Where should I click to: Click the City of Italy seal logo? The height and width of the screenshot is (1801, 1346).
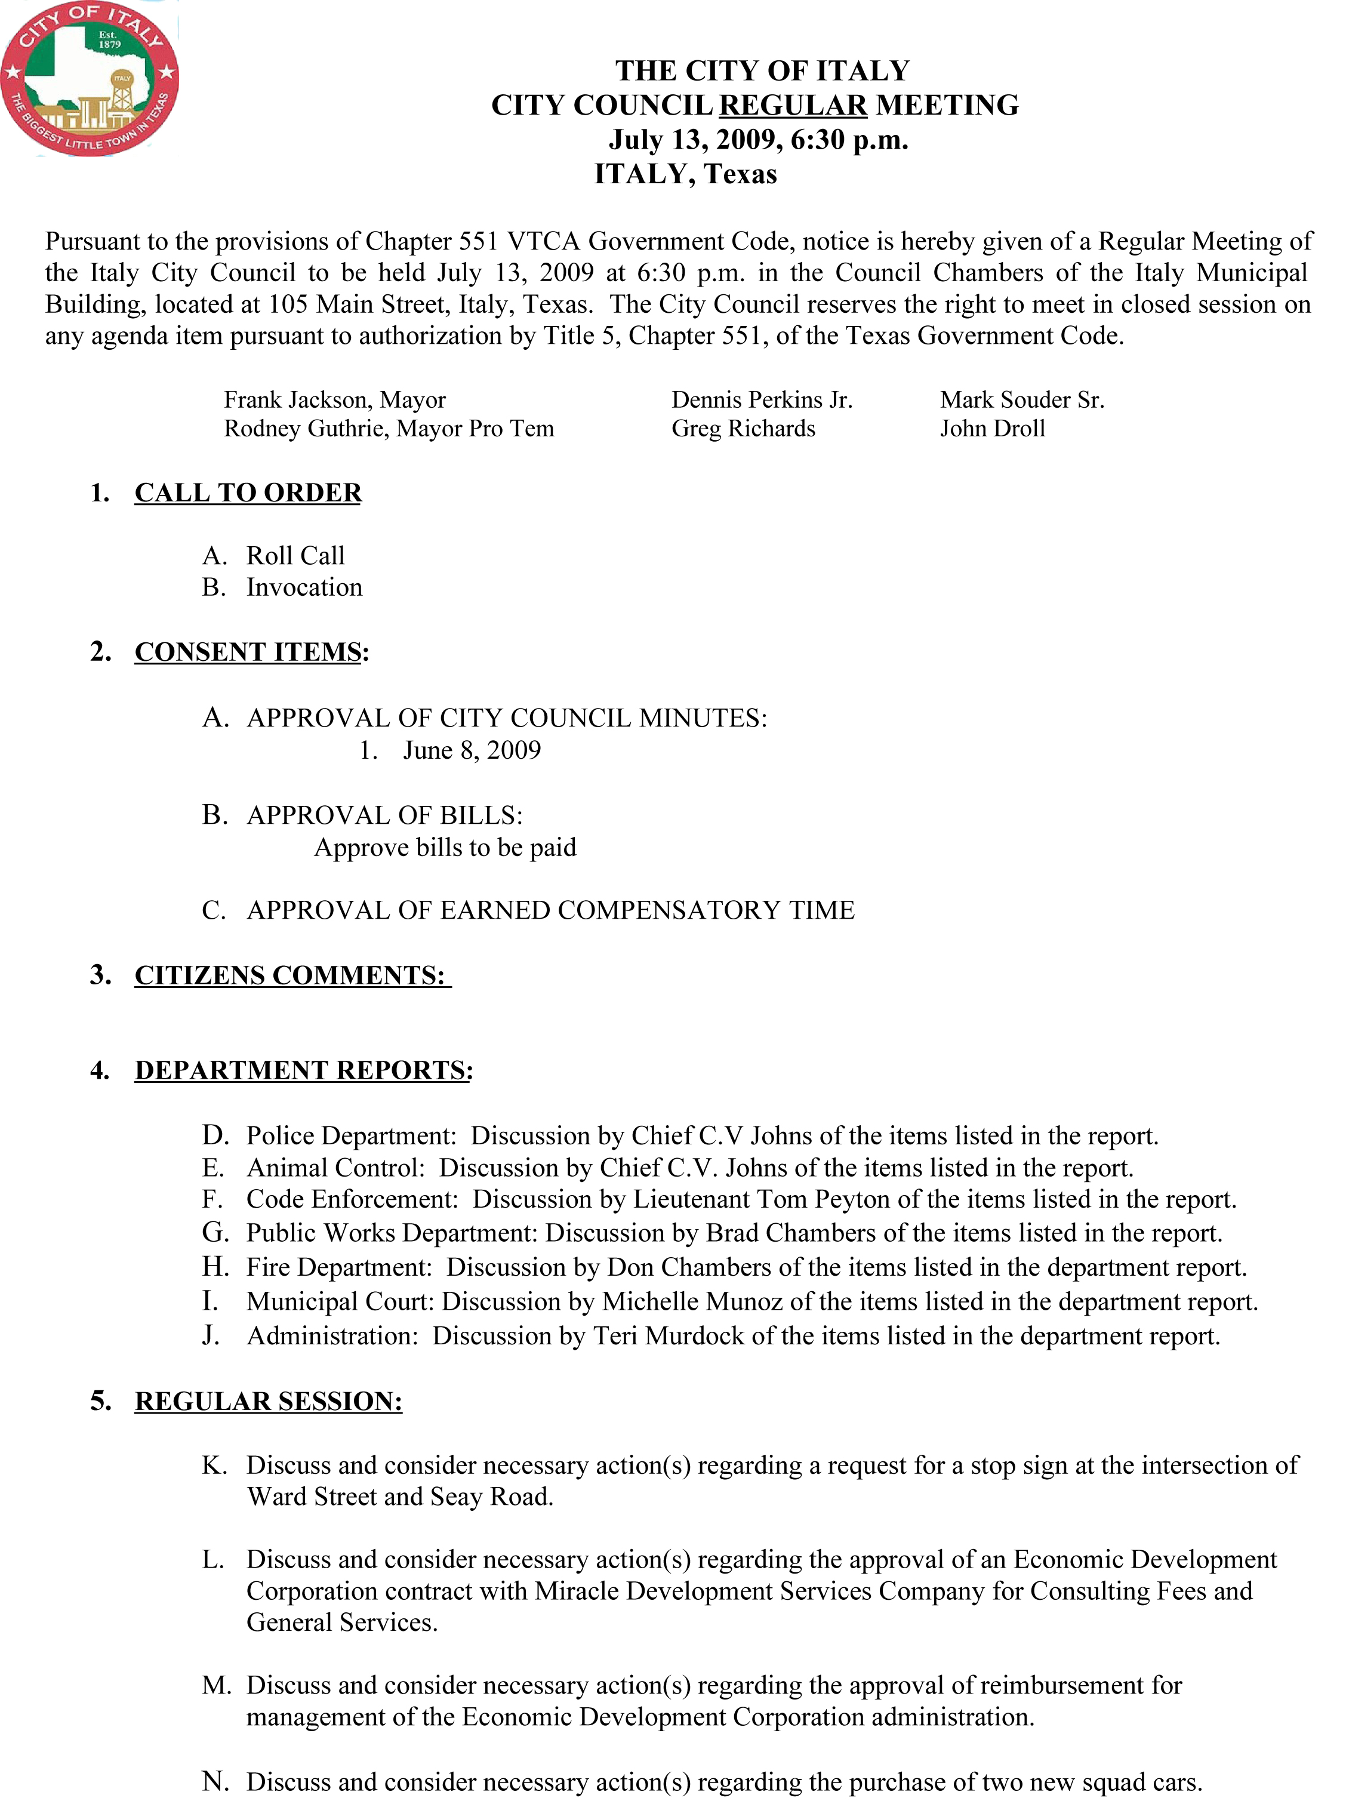coord(90,78)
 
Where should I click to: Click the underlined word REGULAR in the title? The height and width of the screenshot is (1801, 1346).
coord(792,106)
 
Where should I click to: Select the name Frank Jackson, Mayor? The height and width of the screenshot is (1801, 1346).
coord(335,400)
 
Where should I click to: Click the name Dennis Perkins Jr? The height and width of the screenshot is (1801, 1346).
coord(762,400)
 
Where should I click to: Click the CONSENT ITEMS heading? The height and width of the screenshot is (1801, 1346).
coord(248,652)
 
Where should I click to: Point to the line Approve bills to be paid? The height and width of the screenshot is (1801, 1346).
coord(445,848)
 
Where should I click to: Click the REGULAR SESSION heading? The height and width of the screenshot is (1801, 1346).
coord(268,1401)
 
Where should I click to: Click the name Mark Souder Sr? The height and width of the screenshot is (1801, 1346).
coord(1022,400)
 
